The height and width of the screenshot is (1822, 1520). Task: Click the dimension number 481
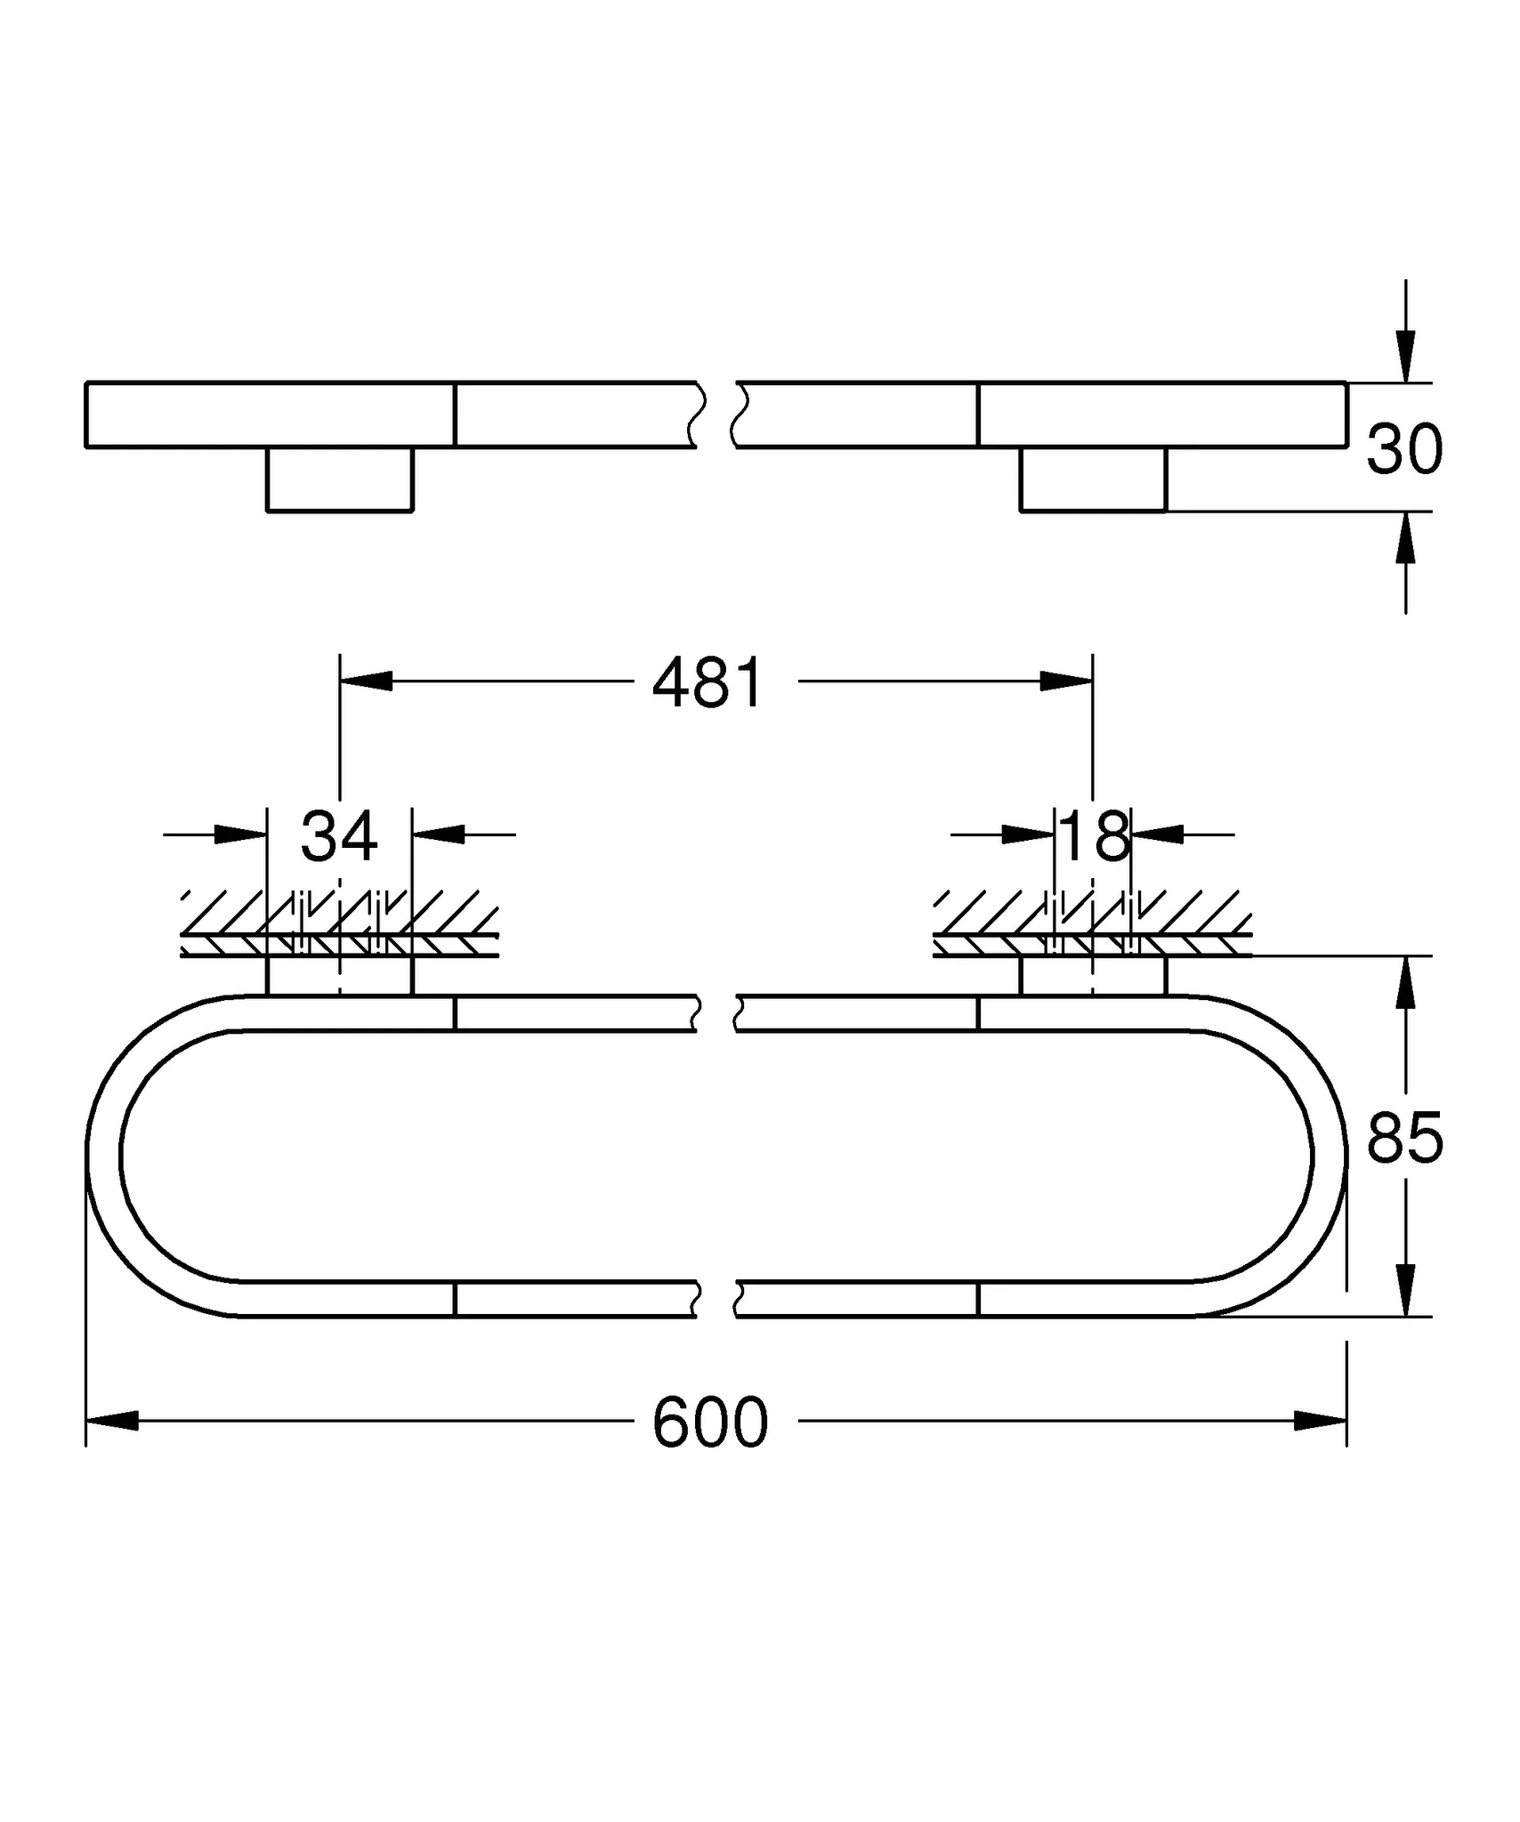pos(707,683)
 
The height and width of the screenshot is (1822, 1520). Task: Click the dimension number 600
pos(709,1423)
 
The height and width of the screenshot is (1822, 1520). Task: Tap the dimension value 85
pos(1404,1139)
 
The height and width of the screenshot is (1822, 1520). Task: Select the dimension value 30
pos(1404,449)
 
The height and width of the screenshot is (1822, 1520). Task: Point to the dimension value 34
pos(339,836)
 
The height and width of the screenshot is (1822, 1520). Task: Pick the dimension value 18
pos(1095,836)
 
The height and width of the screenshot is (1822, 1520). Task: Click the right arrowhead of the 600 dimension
pos(1321,1421)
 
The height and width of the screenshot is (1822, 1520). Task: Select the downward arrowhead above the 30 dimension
pos(1405,356)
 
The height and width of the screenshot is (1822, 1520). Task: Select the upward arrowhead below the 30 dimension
pos(1405,539)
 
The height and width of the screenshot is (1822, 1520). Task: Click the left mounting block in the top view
pos(340,479)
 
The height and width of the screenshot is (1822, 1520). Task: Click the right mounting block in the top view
pos(1093,479)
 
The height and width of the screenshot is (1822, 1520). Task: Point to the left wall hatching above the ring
pos(339,922)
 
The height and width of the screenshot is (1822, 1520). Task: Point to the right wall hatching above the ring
pos(1093,922)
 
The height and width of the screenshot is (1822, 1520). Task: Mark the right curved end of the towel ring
pos(1329,1154)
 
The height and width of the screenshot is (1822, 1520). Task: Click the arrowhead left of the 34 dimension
pos(240,834)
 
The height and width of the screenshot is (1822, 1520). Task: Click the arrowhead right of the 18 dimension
pos(1158,834)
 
